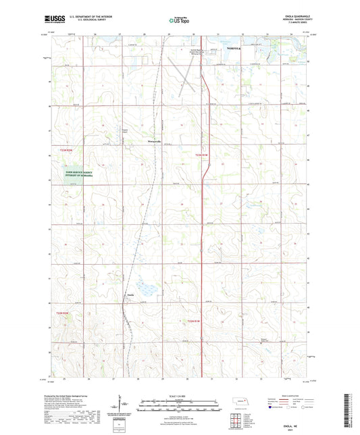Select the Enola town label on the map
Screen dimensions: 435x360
[x=130, y=294]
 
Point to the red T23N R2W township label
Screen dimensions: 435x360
[x=66, y=150]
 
